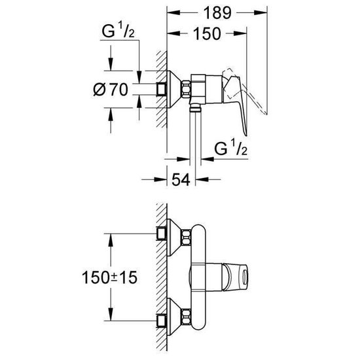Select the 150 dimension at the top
pos(207,36)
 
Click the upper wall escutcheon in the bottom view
pos(171,234)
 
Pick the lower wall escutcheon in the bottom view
pos(171,319)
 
